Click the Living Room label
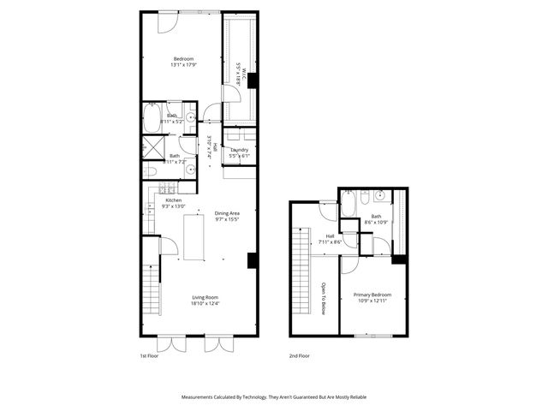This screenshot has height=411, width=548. click(205, 297)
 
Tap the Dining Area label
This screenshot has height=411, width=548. click(227, 212)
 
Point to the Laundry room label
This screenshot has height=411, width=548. click(239, 150)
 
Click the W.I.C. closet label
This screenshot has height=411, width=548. click(242, 74)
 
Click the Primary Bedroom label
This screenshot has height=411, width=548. click(372, 295)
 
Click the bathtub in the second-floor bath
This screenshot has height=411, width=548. click(349, 204)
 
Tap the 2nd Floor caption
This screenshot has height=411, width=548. click(299, 354)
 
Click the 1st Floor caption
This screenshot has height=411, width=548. click(149, 354)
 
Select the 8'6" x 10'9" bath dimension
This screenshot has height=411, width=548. click(377, 223)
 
